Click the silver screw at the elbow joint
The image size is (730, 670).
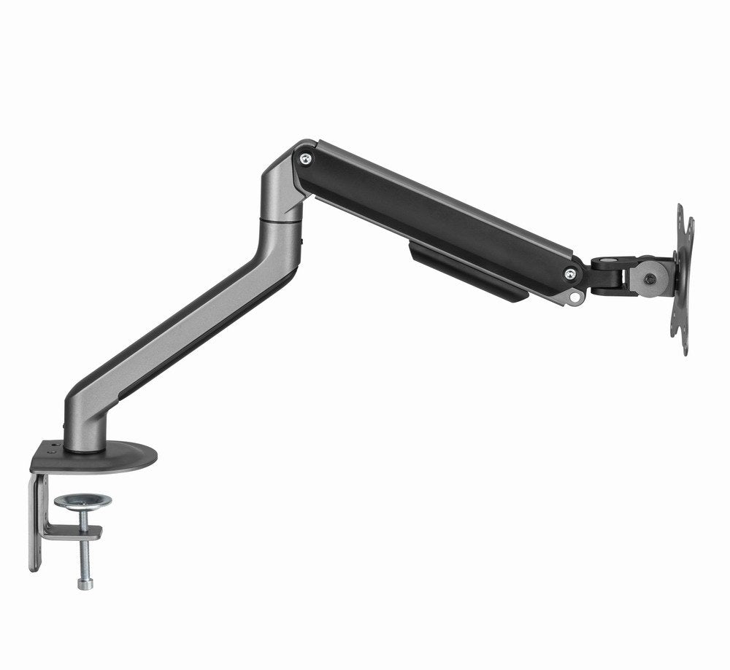[x=306, y=158]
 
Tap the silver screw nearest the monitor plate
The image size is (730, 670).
[x=570, y=273]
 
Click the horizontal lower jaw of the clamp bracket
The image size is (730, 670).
[x=69, y=531]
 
